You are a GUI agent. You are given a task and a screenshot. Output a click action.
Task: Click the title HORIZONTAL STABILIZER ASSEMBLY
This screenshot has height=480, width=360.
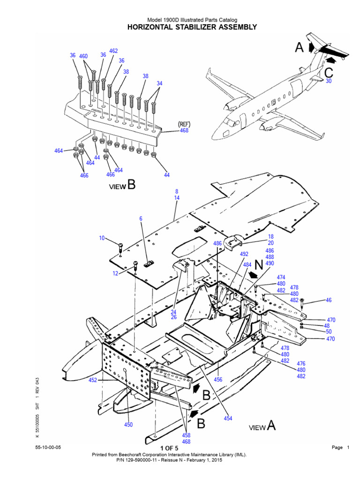[x=192, y=27]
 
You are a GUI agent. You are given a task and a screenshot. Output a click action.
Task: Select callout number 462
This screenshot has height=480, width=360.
[x=113, y=51]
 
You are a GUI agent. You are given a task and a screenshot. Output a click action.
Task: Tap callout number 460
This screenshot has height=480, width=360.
[x=83, y=56]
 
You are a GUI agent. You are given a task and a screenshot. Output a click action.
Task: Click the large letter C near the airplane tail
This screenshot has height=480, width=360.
[x=329, y=73]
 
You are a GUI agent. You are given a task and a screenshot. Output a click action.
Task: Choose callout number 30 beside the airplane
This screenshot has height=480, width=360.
[x=328, y=81]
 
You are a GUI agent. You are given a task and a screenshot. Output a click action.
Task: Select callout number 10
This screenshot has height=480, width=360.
[x=102, y=238]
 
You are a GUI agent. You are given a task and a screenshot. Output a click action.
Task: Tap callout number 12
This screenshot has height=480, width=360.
[x=115, y=273]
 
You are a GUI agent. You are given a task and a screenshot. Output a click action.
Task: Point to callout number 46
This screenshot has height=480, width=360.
[x=328, y=300]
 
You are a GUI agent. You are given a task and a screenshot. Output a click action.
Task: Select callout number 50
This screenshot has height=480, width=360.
[x=328, y=332]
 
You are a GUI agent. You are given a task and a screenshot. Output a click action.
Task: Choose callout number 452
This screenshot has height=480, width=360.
[x=92, y=380]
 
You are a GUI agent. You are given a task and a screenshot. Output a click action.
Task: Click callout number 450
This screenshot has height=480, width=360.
[x=128, y=425]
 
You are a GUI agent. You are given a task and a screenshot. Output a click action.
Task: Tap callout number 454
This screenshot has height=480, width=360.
[x=228, y=418]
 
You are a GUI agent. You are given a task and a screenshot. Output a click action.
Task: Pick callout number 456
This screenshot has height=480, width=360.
[x=218, y=379]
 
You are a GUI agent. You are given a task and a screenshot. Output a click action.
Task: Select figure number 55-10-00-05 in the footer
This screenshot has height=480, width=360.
[x=48, y=448]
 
